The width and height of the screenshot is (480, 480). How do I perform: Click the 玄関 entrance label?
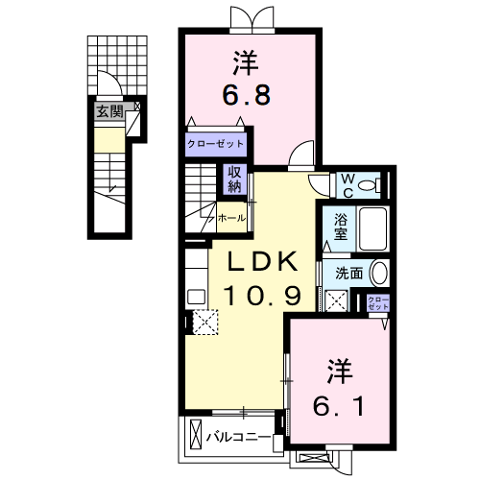[108, 111]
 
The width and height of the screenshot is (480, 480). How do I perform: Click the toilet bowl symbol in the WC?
[372, 183]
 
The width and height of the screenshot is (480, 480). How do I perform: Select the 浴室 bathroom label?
[341, 227]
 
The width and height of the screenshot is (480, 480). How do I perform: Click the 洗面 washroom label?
[348, 272]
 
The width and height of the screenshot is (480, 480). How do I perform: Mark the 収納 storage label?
[233, 179]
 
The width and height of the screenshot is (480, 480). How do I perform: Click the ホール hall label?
[231, 218]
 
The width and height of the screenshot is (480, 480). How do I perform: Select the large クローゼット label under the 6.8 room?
[216, 144]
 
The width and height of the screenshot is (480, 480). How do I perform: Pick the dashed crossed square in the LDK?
[204, 322]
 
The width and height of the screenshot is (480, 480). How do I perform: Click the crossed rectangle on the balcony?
[195, 435]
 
